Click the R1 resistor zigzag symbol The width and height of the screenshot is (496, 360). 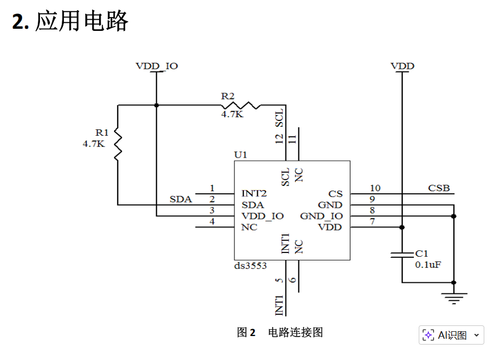click(x=118, y=144)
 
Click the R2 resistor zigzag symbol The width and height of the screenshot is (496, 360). click(x=242, y=105)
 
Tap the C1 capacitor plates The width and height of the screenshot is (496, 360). click(x=402, y=255)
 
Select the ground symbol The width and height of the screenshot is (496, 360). click(x=454, y=298)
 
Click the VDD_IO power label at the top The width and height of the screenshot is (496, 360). click(x=157, y=66)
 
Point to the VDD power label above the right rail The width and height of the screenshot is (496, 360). click(x=402, y=66)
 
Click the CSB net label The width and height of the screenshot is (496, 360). click(x=439, y=188)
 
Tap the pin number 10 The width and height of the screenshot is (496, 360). click(x=375, y=188)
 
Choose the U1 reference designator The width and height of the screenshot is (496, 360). click(x=240, y=155)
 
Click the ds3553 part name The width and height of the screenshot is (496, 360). click(x=250, y=266)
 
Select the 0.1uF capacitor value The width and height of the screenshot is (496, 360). click(x=428, y=265)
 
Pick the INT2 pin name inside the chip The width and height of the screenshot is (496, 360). click(x=254, y=193)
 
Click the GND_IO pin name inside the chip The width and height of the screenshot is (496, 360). click(x=321, y=216)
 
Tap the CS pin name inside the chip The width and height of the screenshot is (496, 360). click(x=335, y=194)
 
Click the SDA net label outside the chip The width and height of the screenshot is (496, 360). click(x=181, y=200)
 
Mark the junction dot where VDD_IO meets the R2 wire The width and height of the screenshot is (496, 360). click(x=156, y=105)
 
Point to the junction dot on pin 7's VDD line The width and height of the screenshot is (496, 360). click(x=402, y=227)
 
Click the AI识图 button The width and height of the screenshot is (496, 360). click(x=451, y=335)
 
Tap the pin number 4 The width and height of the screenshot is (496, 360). click(x=212, y=222)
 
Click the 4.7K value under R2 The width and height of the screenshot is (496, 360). click(x=232, y=114)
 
